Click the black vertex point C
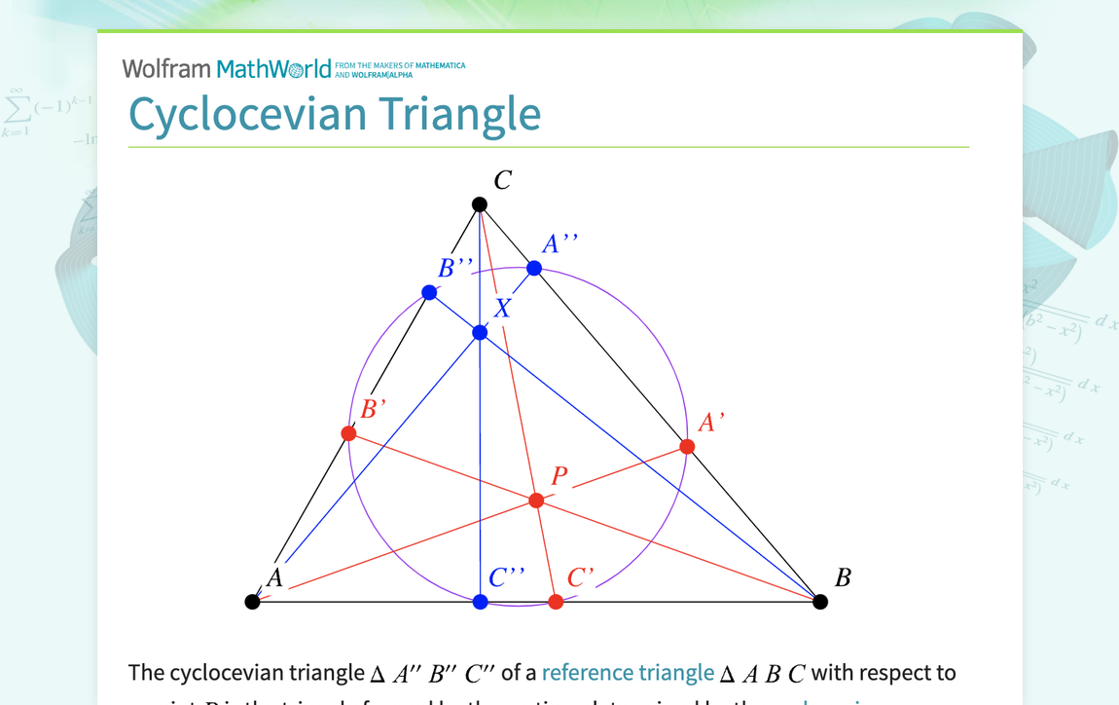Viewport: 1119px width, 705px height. [480, 204]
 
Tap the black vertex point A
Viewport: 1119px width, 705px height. [252, 602]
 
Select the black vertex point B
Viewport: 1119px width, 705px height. [820, 602]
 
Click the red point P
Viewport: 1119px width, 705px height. [536, 501]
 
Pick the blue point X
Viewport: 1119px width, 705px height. [480, 333]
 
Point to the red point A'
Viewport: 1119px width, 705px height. [687, 447]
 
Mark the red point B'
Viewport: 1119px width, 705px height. [348, 433]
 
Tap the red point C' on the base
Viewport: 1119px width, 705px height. [556, 602]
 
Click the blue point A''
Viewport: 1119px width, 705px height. [534, 268]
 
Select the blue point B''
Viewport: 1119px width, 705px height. [429, 292]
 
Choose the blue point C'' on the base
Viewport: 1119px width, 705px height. [480, 602]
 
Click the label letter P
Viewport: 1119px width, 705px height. [559, 476]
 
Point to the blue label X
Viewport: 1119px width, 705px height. [502, 309]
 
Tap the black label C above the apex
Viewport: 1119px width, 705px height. [502, 180]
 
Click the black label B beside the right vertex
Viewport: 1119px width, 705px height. [843, 578]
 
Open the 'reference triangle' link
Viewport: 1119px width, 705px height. [628, 673]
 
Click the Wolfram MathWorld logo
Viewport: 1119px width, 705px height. [227, 68]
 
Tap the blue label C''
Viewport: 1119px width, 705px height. [507, 577]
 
